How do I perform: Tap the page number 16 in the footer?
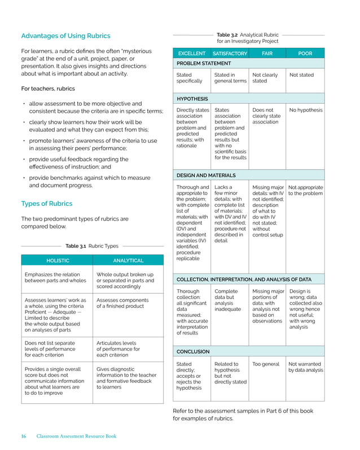click(x=24, y=436)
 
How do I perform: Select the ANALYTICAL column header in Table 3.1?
click(x=128, y=261)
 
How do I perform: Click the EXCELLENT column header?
click(x=192, y=54)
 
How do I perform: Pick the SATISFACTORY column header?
click(x=230, y=54)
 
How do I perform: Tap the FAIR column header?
click(x=267, y=54)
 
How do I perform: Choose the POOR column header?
click(x=305, y=54)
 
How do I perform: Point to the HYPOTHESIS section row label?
click(x=192, y=99)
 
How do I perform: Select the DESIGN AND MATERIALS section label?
click(x=206, y=175)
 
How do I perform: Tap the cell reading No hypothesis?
click(x=305, y=110)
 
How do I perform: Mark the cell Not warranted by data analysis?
click(x=305, y=367)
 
